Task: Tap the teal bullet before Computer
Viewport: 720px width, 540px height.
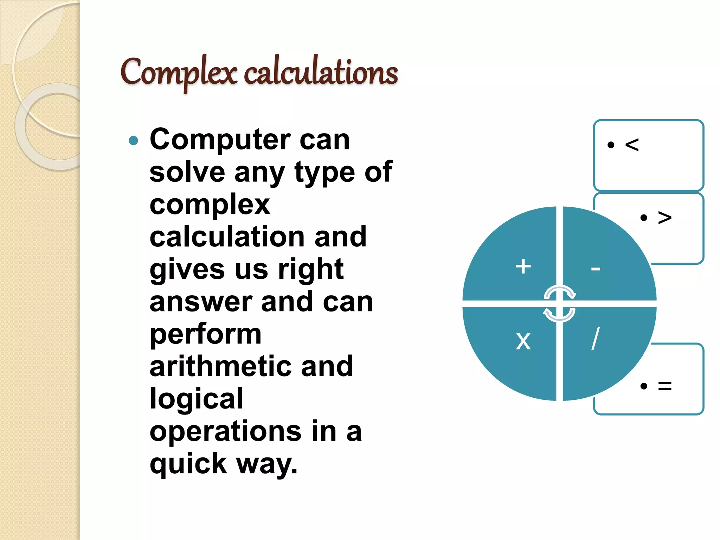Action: [134, 141]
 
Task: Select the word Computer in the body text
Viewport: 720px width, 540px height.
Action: [220, 140]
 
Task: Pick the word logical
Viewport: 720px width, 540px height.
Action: [196, 399]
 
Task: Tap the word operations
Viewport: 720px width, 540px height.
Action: [225, 432]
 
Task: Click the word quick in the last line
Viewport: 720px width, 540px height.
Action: [188, 464]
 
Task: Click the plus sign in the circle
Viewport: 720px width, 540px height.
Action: [523, 266]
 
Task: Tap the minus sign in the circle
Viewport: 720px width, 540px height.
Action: [596, 269]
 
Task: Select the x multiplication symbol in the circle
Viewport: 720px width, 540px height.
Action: [523, 341]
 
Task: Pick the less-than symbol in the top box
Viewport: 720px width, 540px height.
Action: [632, 144]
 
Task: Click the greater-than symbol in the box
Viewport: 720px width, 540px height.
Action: [664, 217]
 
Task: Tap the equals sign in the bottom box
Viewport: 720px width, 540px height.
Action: [664, 386]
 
